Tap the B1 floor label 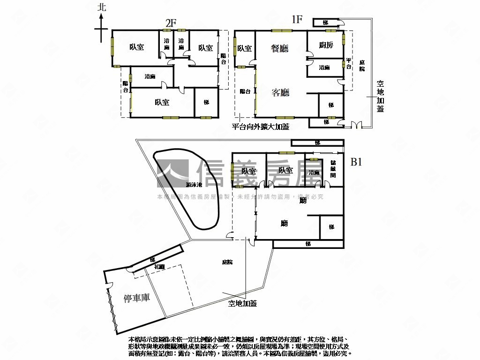(x=357, y=162)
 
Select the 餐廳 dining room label (x=280, y=48)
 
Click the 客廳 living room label (x=280, y=92)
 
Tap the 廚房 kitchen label (x=326, y=45)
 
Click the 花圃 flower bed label (x=159, y=267)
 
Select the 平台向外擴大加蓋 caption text (x=261, y=127)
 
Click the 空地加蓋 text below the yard (x=242, y=303)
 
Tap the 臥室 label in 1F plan (x=244, y=48)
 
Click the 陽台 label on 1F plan (x=245, y=92)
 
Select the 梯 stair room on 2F (x=206, y=103)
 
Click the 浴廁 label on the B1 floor (x=314, y=172)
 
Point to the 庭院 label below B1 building (x=227, y=262)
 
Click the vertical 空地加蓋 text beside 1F (x=380, y=96)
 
